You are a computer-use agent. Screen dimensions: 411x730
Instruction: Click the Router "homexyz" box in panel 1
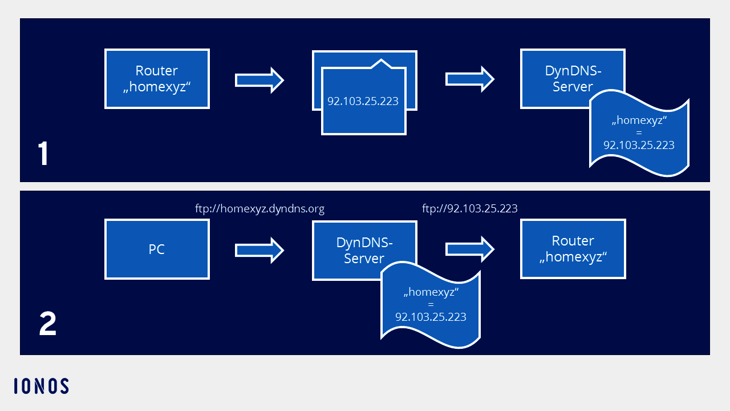(x=157, y=79)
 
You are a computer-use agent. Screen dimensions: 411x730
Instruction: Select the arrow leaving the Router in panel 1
(x=259, y=80)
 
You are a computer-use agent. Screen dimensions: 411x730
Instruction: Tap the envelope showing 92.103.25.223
(x=363, y=101)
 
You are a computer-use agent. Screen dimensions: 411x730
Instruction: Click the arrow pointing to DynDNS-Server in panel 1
(x=469, y=79)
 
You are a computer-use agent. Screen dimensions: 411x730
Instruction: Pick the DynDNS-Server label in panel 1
(x=573, y=78)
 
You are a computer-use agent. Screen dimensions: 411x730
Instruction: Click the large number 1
(x=43, y=154)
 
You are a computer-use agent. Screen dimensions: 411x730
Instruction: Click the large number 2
(x=47, y=324)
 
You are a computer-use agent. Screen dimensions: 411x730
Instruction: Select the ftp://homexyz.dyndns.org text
(x=259, y=209)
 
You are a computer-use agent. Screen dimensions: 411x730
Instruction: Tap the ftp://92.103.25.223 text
(x=469, y=209)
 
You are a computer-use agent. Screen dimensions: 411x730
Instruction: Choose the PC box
(x=157, y=250)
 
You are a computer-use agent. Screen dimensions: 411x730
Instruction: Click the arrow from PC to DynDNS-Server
(x=259, y=250)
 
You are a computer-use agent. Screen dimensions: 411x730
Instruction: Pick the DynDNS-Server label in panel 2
(x=364, y=249)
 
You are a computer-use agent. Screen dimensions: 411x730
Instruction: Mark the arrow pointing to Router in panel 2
(x=469, y=249)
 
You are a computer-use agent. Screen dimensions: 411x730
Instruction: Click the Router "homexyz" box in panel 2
(x=573, y=249)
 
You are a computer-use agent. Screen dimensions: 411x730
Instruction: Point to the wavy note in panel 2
(x=431, y=305)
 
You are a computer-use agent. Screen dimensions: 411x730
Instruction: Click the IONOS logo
(x=42, y=386)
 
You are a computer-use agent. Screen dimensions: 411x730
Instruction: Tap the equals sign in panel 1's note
(x=639, y=133)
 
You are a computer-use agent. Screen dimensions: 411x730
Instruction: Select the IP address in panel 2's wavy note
(x=431, y=317)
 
